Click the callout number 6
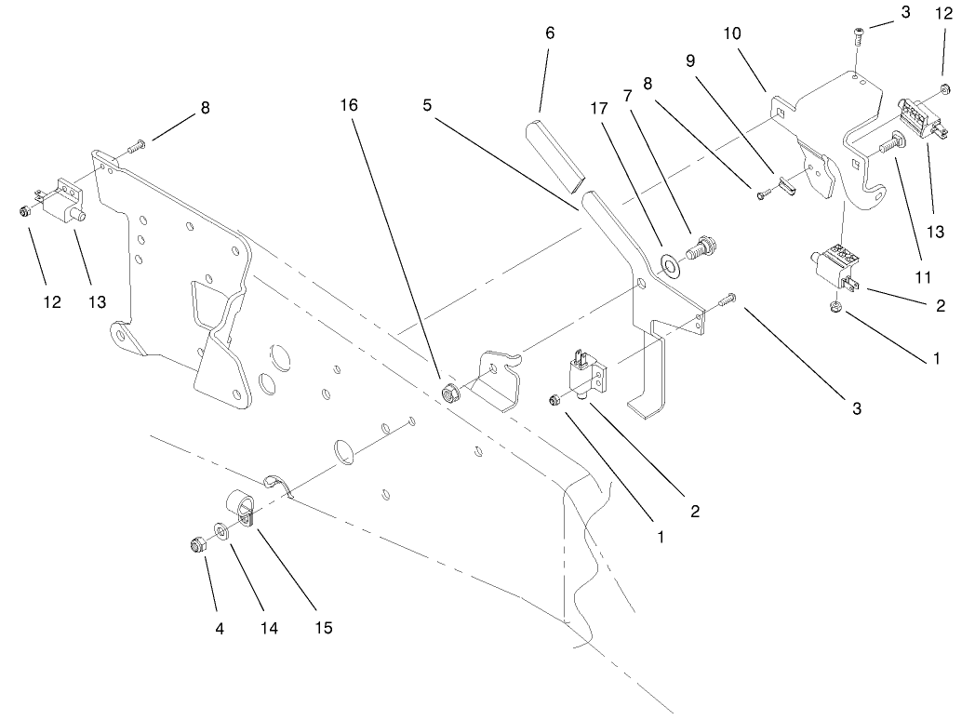pyautogui.click(x=549, y=33)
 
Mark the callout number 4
pyautogui.click(x=220, y=628)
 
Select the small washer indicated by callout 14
pyautogui.click(x=221, y=530)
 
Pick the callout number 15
pyautogui.click(x=322, y=628)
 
